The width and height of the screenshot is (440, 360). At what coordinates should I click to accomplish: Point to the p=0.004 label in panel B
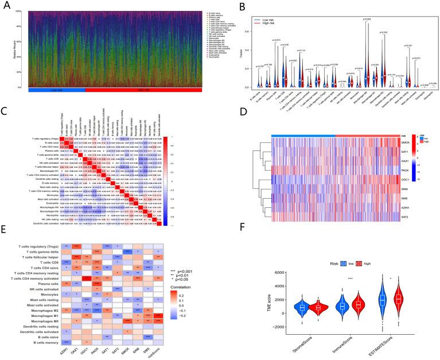click(x=368, y=19)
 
